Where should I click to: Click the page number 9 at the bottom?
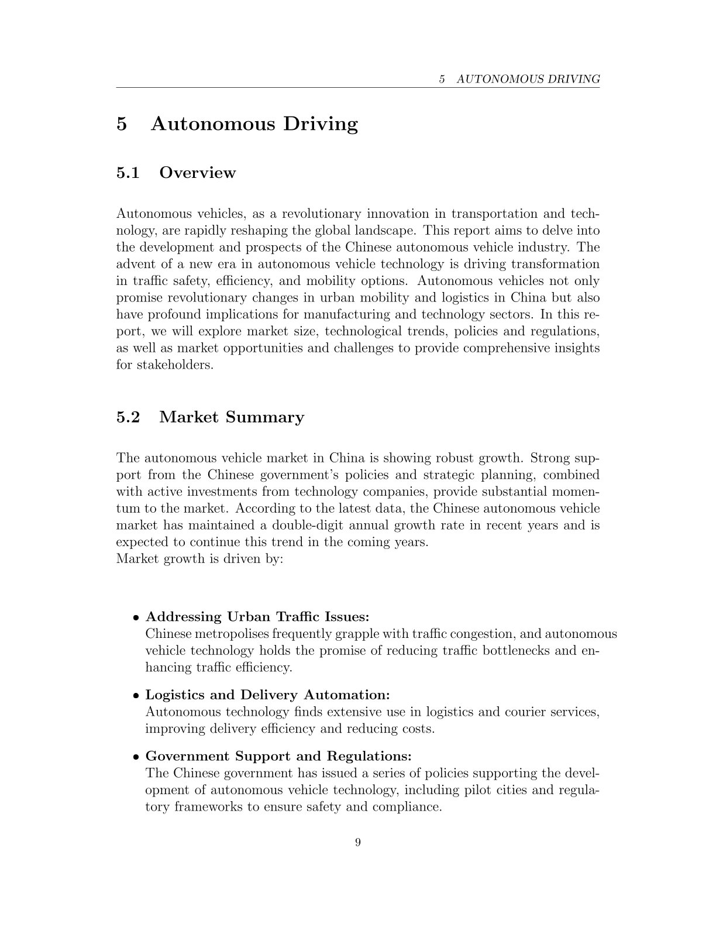coord(358,842)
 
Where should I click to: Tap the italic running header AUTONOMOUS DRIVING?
coord(528,79)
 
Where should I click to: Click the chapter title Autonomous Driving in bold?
coord(254,124)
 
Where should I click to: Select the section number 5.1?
coord(128,173)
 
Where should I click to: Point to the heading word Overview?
coord(198,173)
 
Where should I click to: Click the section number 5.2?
coord(128,417)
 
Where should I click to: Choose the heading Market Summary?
coord(232,417)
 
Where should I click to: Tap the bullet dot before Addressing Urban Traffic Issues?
coord(136,617)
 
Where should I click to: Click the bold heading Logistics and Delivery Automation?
coord(267,695)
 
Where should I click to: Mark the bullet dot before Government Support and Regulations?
coord(136,756)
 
